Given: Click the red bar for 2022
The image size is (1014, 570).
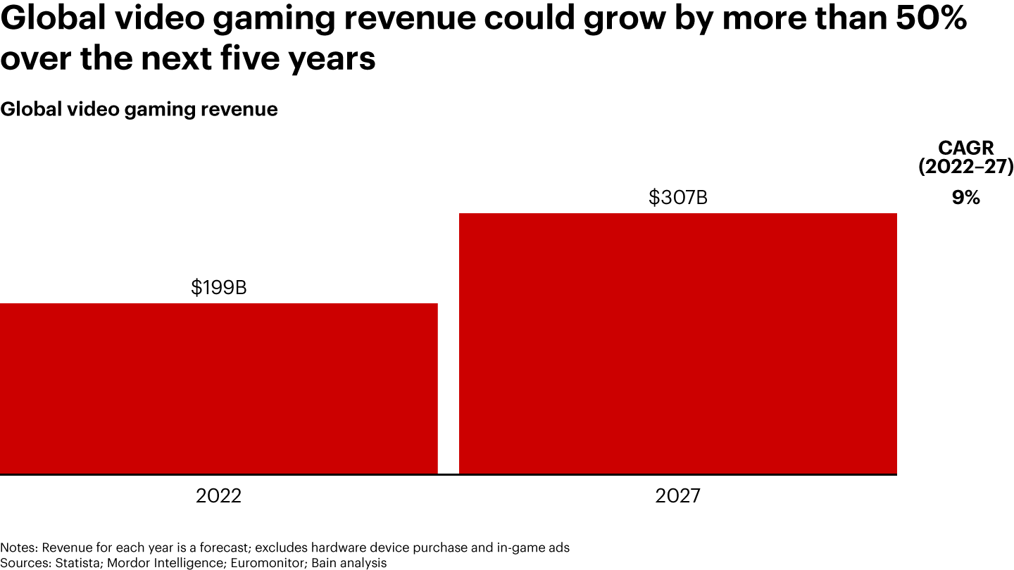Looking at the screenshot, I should click(x=218, y=388).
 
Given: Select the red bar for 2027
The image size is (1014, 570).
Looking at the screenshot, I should click(x=677, y=343).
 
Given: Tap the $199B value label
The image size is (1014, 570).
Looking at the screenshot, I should click(x=218, y=288).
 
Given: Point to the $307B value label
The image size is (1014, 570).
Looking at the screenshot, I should click(x=677, y=198).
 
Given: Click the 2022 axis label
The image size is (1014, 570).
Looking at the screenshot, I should click(x=218, y=496).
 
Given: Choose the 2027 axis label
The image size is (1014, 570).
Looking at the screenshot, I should click(x=677, y=496).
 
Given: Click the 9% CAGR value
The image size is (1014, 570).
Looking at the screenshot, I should click(x=965, y=198).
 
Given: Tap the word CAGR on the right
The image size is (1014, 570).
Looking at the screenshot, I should click(x=965, y=148).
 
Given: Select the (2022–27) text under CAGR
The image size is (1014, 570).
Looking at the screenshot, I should click(x=965, y=167).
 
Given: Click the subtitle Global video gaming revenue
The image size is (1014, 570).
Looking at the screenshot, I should click(x=139, y=110).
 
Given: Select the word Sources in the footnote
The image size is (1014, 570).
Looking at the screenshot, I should click(x=21, y=563).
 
